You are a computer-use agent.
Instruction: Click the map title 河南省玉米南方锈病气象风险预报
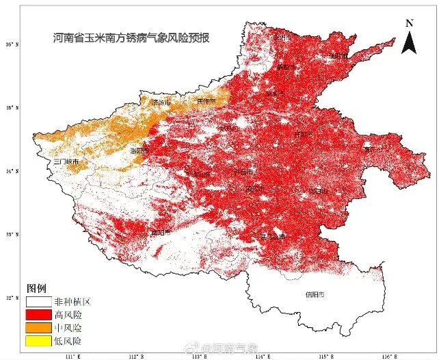pos(131,39)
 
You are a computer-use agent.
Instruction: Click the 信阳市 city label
pos(315,295)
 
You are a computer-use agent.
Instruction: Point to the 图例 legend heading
pos(36,287)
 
